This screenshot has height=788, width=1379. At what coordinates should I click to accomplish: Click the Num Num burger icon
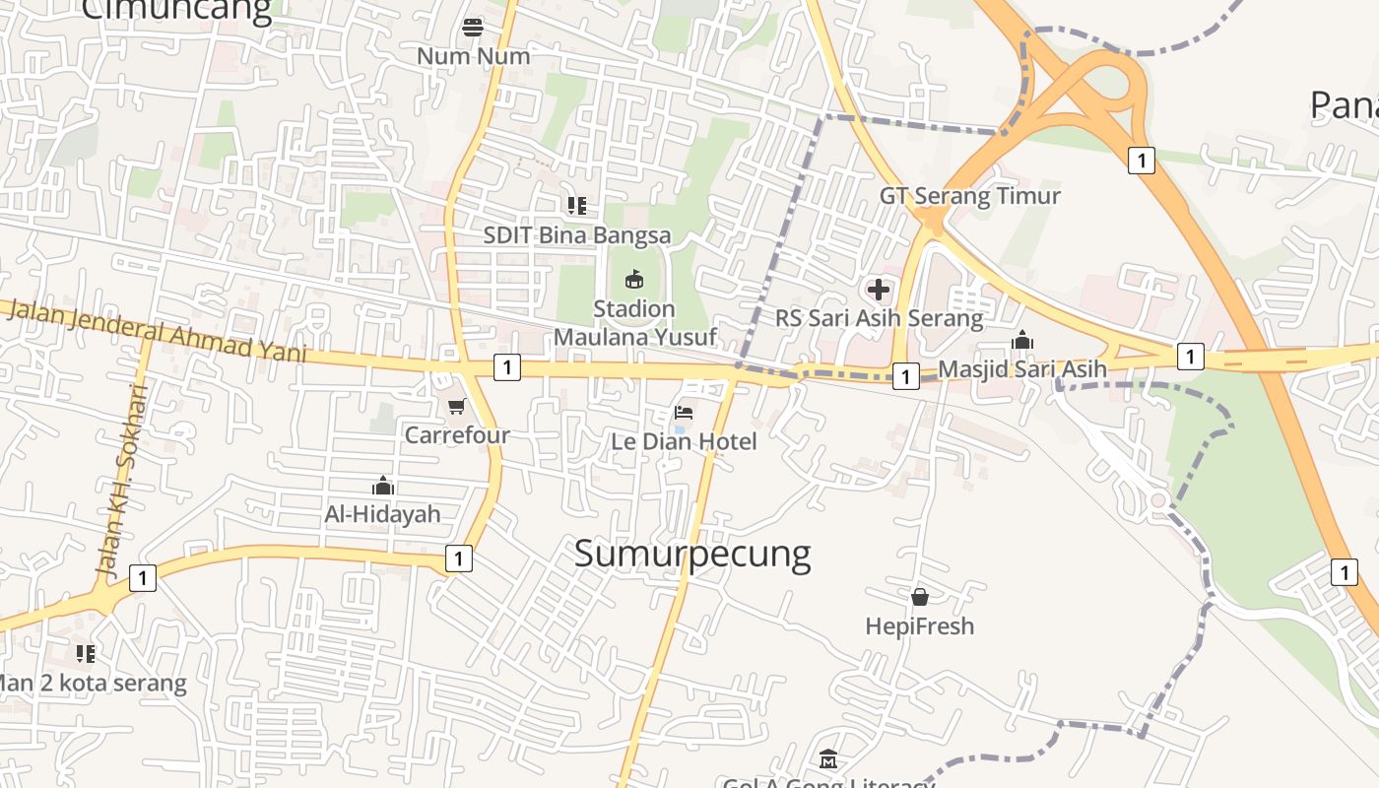[x=473, y=27]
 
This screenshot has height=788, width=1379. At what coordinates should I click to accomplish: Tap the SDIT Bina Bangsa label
[x=577, y=235]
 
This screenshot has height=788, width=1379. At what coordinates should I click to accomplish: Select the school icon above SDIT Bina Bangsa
[x=577, y=206]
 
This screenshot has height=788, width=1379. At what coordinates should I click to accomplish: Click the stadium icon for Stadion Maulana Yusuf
[x=634, y=280]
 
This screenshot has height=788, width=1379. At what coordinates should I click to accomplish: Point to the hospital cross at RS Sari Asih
[x=878, y=290]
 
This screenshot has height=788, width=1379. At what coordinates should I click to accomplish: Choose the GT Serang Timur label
[x=970, y=195]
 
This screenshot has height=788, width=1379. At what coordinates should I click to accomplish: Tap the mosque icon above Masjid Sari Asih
[x=1022, y=341]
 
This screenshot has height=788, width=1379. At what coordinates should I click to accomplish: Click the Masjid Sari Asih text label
[x=1022, y=369]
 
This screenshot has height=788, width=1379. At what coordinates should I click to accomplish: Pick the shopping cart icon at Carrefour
[x=456, y=406]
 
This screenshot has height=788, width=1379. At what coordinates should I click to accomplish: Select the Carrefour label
[x=458, y=434]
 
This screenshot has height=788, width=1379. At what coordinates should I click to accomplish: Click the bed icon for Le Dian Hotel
[x=684, y=412]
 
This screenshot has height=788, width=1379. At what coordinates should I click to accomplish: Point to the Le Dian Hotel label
[x=685, y=441]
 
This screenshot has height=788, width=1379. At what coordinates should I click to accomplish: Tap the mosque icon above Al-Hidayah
[x=383, y=486]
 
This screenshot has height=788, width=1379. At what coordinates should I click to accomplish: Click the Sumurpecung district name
[x=692, y=554]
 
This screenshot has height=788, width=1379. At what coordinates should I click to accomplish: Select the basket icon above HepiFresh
[x=920, y=597]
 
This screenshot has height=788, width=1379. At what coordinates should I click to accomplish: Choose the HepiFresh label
[x=920, y=625]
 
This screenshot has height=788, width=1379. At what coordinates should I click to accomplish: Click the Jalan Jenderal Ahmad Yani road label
[x=159, y=332]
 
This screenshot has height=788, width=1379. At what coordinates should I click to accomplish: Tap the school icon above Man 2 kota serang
[x=86, y=653]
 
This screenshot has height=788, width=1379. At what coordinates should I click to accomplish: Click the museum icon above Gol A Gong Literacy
[x=828, y=759]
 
